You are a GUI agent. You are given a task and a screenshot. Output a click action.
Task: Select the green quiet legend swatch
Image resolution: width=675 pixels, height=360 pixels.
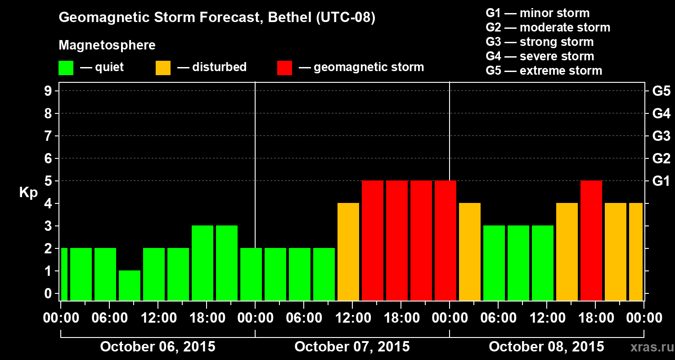[x=66, y=67]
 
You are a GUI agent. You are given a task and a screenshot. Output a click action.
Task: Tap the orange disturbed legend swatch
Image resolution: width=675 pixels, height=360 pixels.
[x=163, y=67]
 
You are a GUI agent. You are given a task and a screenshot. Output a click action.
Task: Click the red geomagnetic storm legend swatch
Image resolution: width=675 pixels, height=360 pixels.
[x=284, y=67]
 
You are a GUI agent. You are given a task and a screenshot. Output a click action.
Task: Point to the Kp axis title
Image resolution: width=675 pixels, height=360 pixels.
[x=28, y=193]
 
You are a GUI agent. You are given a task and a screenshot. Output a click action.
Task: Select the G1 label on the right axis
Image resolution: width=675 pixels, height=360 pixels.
[x=661, y=181]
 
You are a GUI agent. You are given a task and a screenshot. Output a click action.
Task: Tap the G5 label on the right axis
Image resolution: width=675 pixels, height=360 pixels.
[x=661, y=91]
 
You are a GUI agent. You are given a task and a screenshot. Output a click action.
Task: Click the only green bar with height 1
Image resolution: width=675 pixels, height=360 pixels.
[x=130, y=285]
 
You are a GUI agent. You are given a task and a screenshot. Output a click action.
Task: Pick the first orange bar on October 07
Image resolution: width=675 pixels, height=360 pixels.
[x=348, y=251]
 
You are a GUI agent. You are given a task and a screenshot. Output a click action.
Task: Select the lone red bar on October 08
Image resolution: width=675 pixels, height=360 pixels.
[x=591, y=240]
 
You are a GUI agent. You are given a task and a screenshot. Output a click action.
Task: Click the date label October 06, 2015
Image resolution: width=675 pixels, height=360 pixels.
[x=157, y=347]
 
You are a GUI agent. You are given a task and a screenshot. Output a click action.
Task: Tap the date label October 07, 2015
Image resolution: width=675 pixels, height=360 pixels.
[x=352, y=347]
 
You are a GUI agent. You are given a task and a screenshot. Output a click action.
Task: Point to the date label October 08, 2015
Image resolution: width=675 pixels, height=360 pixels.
[x=546, y=347]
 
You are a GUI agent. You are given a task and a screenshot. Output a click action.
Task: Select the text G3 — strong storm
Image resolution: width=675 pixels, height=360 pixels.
[x=540, y=42]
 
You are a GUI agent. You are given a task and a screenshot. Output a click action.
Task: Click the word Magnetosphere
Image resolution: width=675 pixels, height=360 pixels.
[x=107, y=45]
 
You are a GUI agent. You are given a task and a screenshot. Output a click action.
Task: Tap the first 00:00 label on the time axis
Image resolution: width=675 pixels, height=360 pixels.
[x=61, y=318]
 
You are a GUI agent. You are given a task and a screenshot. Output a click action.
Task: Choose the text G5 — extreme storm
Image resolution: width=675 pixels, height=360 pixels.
[x=544, y=71]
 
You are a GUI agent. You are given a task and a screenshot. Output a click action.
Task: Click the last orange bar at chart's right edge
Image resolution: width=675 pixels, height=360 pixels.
[x=636, y=251]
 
